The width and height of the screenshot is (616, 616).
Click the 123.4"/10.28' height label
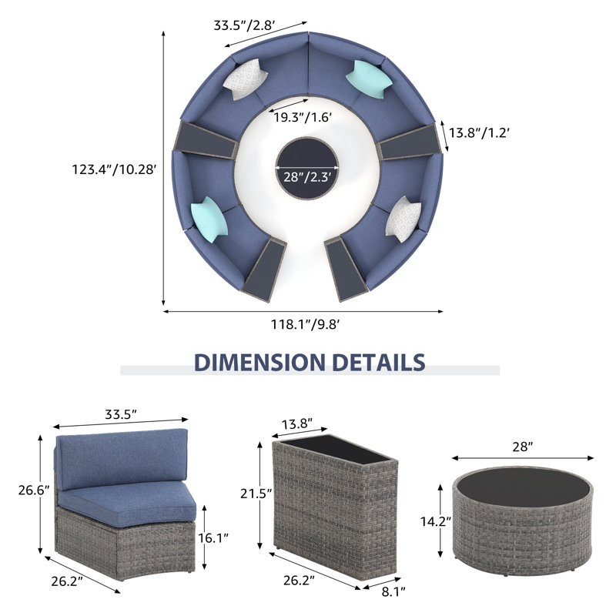pyautogui.click(x=114, y=169)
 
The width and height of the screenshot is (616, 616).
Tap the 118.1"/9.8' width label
pyautogui.click(x=305, y=324)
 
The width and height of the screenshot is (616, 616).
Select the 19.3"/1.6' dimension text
pyautogui.click(x=303, y=117)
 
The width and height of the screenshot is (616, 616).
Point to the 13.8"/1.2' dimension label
pyautogui.click(x=479, y=132)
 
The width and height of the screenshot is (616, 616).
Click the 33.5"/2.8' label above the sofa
pyautogui.click(x=244, y=25)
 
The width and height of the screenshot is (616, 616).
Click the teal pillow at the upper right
pyautogui.click(x=370, y=79)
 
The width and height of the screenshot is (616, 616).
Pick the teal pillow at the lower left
pyautogui.click(x=209, y=219)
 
